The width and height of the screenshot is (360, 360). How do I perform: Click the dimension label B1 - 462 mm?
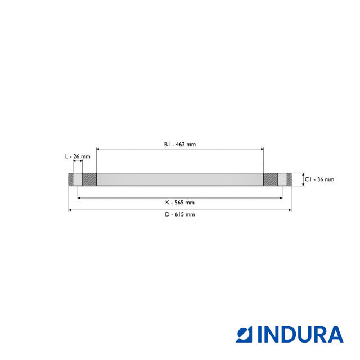180,145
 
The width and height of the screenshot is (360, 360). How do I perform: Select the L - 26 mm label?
78,156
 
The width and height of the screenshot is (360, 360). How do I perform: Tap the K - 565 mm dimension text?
180,202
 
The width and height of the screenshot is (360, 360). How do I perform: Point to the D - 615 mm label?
180,214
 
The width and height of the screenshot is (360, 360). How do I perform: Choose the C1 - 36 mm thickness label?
319,179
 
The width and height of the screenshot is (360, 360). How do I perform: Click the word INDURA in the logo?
300,334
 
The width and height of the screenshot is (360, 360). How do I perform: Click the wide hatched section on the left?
89,179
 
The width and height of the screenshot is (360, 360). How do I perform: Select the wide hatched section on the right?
271,179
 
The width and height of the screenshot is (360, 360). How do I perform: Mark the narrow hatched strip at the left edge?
71,179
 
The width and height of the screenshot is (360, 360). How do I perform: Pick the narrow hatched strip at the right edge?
289,179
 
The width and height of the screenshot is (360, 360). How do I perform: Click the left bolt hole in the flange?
78,179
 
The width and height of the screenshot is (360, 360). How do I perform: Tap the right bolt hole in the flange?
282,179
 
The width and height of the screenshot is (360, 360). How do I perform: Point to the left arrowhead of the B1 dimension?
98,148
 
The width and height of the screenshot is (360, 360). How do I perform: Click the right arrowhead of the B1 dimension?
262,148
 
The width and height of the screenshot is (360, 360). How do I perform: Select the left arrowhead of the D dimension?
70,210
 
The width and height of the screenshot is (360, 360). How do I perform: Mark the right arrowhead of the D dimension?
290,210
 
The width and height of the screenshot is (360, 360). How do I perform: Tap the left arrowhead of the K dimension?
79,198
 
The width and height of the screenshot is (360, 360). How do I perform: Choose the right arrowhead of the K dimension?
281,198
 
